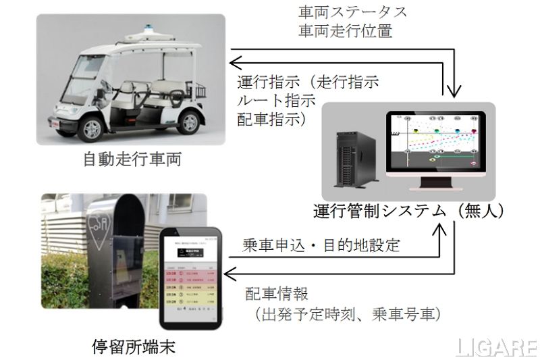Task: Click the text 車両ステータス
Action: point(344,13)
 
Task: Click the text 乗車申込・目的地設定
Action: point(321,244)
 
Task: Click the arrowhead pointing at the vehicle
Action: point(234,63)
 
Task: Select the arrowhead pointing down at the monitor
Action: point(456,93)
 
